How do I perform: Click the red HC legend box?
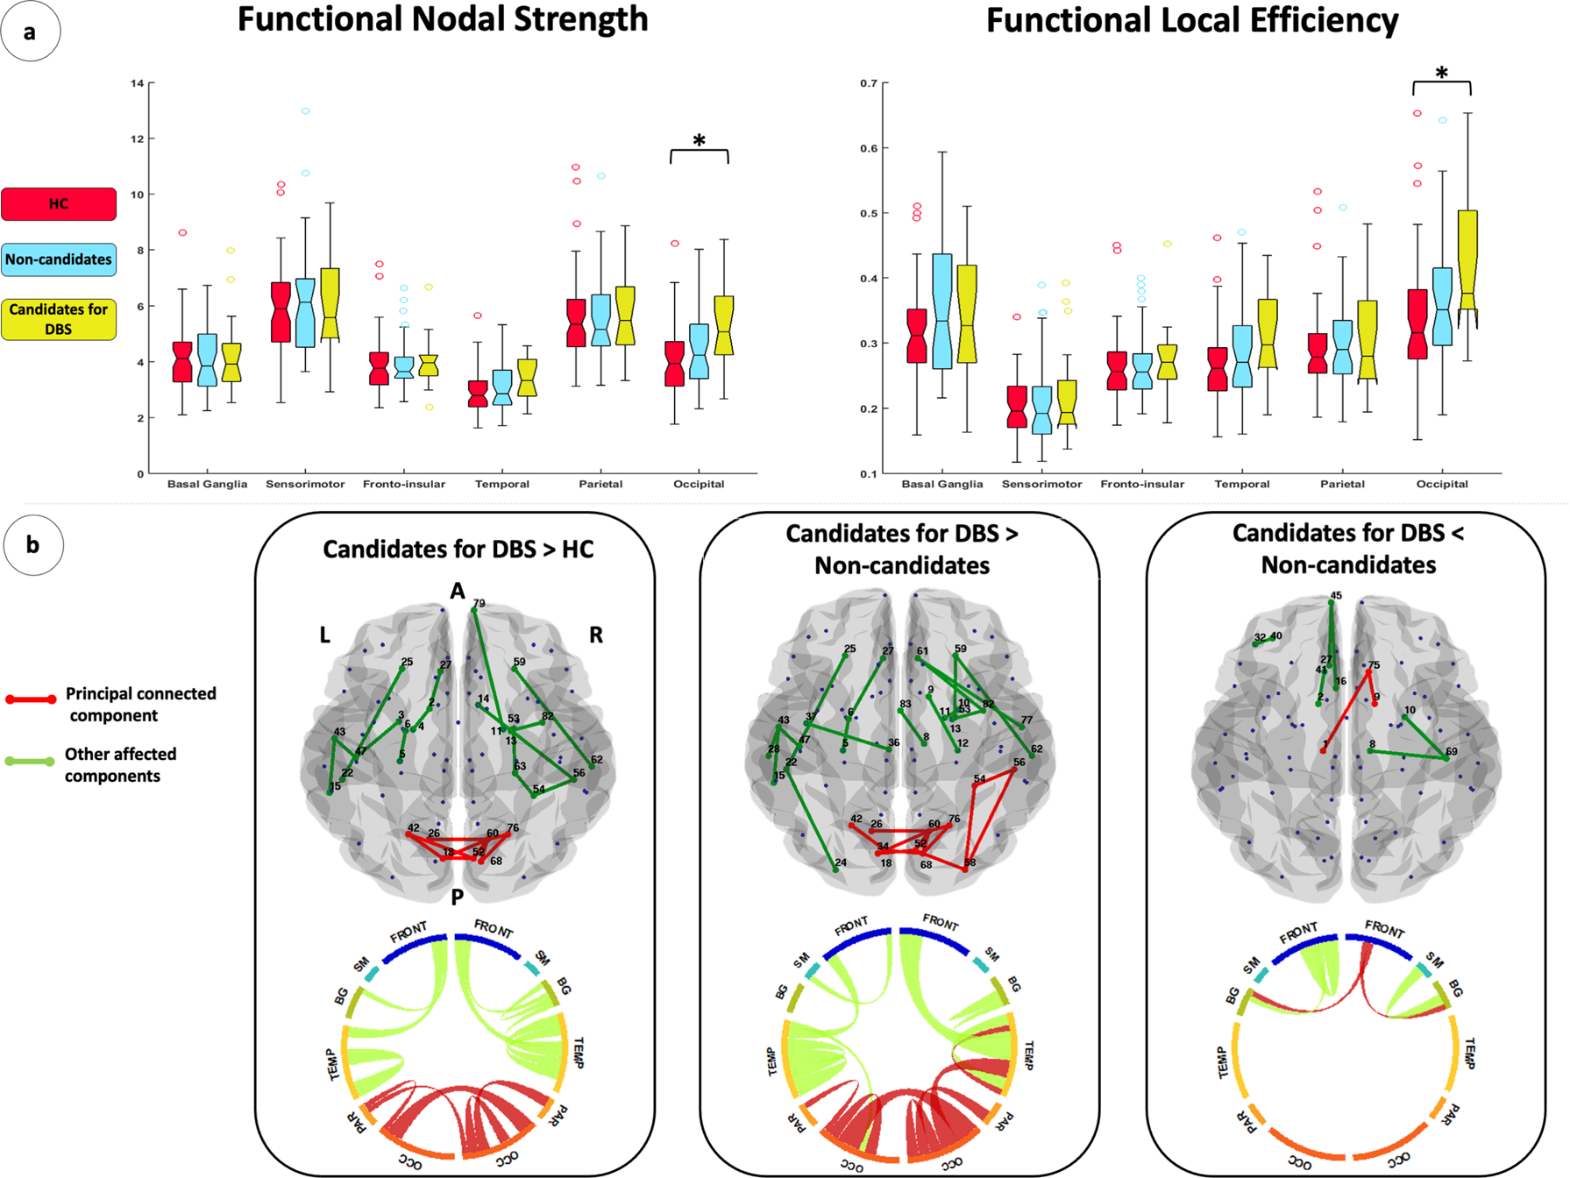click(59, 203)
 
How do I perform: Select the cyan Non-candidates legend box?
click(59, 259)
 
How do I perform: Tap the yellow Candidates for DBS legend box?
click(59, 319)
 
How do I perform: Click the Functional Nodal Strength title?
click(443, 19)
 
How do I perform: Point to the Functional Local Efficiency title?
click(1192, 19)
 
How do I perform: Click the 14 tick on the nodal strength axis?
click(138, 83)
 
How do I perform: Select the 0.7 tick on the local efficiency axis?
click(869, 83)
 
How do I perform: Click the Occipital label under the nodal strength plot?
click(699, 484)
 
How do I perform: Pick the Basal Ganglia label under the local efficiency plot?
click(942, 484)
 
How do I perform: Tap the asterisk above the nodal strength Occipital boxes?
click(699, 141)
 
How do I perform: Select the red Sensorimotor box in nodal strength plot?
click(281, 312)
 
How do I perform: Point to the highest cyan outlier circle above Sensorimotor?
click(306, 111)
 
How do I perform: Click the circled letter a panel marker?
click(31, 32)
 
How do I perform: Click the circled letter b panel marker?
click(32, 545)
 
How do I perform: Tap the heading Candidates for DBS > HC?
click(458, 550)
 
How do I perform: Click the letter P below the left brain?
click(457, 897)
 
